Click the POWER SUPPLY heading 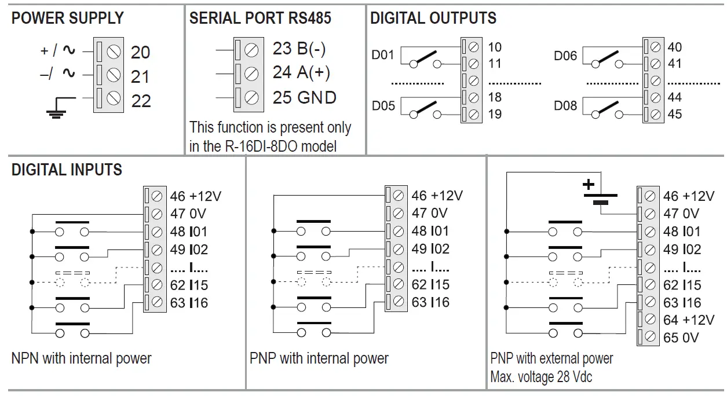(x=67, y=18)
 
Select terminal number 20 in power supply (x=140, y=53)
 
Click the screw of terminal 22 (x=114, y=100)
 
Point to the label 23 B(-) (x=299, y=49)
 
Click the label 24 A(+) (x=301, y=73)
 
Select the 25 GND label (x=304, y=97)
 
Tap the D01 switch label (x=382, y=56)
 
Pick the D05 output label (x=383, y=107)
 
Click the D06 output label (x=565, y=56)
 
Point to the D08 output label (x=565, y=107)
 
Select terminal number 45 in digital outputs (x=675, y=114)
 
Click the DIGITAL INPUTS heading (x=67, y=170)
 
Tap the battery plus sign (x=588, y=185)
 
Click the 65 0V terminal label (x=681, y=338)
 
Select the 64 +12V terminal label (x=688, y=320)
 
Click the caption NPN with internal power (x=81, y=358)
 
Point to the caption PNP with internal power (x=319, y=358)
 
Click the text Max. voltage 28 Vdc (x=540, y=377)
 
